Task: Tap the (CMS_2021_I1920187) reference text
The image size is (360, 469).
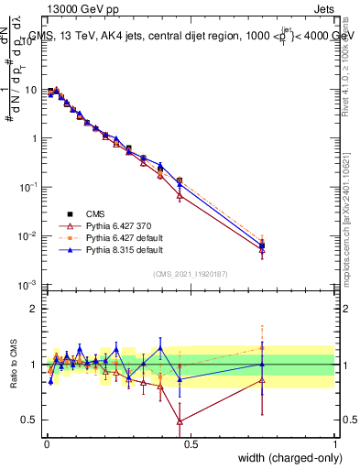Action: click(191, 272)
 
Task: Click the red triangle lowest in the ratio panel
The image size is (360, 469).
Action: click(180, 421)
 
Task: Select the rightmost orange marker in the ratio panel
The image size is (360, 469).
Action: click(263, 347)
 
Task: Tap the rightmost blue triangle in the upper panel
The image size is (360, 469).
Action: click(263, 245)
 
